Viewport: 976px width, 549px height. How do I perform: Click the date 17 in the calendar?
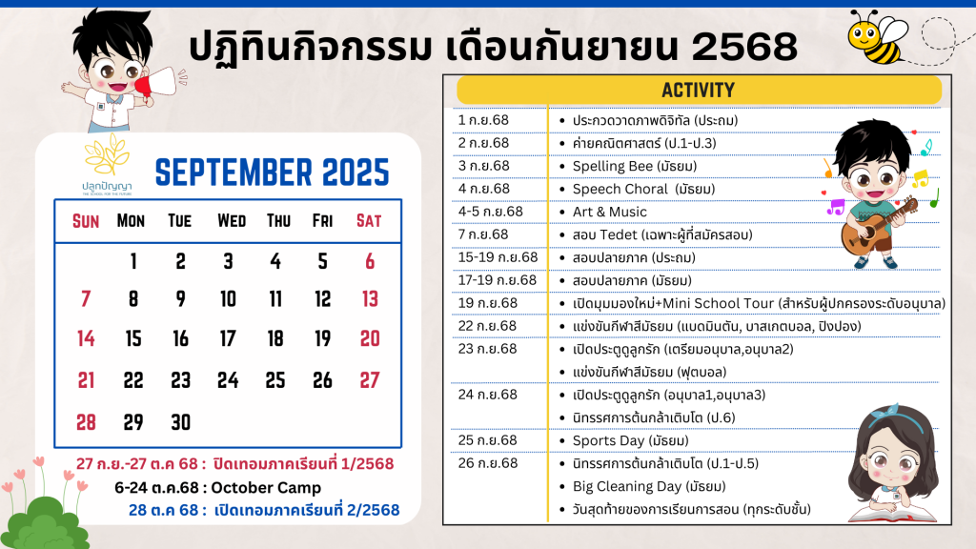tap(228, 338)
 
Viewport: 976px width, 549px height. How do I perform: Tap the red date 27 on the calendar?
tap(370, 380)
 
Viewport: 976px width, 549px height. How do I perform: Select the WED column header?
tap(232, 221)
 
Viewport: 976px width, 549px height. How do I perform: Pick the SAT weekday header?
tap(369, 221)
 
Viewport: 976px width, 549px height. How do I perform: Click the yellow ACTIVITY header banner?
tap(699, 91)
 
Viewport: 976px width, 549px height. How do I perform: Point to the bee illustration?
tap(878, 37)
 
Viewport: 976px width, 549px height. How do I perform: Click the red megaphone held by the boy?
tap(154, 84)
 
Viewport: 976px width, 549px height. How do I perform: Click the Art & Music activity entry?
tap(610, 212)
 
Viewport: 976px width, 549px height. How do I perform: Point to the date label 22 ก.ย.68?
tap(487, 326)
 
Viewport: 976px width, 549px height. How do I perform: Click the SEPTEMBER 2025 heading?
tap(272, 173)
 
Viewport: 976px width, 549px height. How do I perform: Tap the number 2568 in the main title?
tap(744, 47)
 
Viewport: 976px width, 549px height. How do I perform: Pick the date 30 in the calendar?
tap(180, 422)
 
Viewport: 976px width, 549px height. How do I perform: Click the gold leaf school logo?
tap(107, 154)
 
